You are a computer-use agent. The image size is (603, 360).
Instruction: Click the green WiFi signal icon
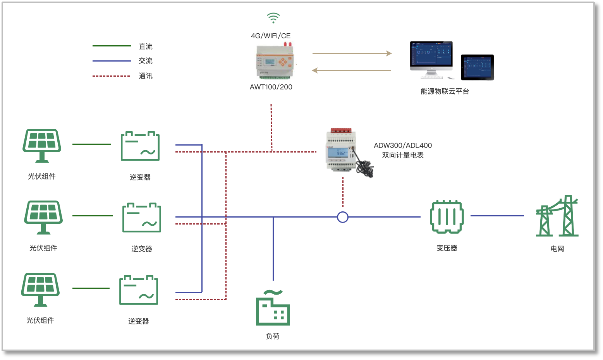pos(273,18)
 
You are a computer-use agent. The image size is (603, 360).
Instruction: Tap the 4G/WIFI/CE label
pos(271,36)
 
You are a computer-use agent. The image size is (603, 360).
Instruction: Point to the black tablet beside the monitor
pos(477,67)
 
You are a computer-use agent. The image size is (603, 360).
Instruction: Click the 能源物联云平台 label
pos(445,91)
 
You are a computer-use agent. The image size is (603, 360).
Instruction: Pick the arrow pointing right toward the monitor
pos(352,53)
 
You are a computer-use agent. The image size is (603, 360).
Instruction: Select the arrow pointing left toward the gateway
pos(352,70)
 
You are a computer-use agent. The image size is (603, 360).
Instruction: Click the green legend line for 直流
pos(112,46)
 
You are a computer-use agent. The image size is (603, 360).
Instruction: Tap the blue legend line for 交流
pos(112,61)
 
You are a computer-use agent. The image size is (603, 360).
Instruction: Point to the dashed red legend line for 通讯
pos(112,76)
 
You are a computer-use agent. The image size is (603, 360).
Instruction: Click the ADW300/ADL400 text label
pos(403,146)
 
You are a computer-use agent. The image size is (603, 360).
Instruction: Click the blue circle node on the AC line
pos(343,217)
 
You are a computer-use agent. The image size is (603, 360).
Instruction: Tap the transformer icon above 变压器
pos(447,217)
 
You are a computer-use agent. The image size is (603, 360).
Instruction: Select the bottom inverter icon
pos(139,290)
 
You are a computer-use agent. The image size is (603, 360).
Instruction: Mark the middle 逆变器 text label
pos(142,249)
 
